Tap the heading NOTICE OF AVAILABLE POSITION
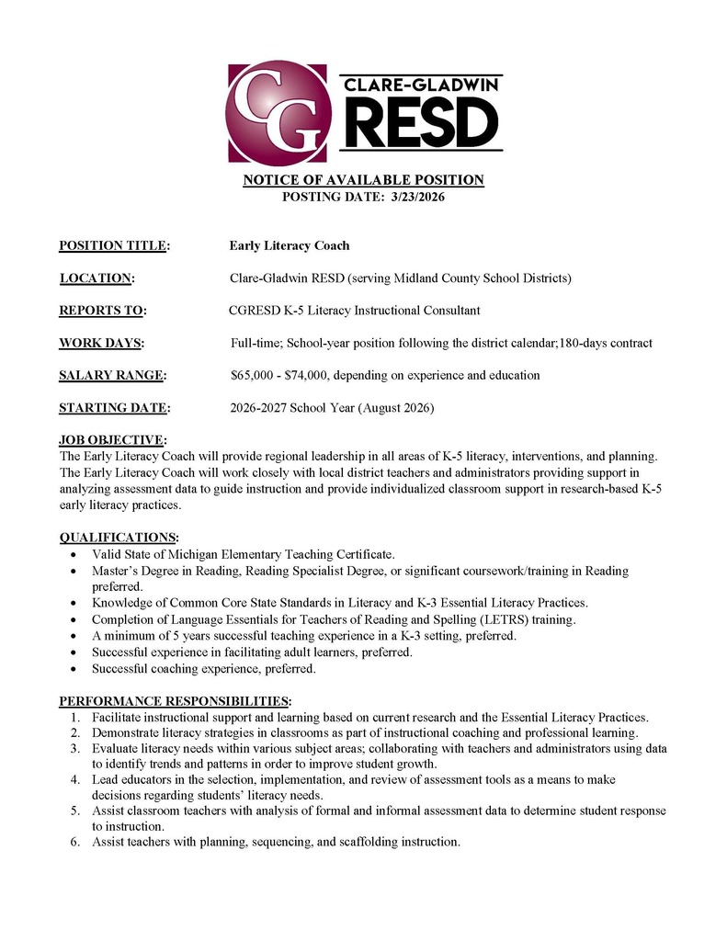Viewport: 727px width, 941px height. point(363,180)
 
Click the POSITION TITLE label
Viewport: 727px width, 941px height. point(113,245)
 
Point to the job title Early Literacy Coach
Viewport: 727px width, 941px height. point(290,245)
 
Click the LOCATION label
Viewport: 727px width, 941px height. point(97,278)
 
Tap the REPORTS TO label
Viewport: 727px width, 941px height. point(101,311)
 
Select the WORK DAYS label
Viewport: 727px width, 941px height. point(100,344)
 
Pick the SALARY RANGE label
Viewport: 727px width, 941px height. point(111,376)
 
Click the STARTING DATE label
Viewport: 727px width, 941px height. point(113,408)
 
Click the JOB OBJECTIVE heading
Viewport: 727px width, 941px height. point(112,440)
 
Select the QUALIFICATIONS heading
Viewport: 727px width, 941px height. point(119,538)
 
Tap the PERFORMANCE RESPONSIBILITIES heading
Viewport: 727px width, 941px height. point(175,701)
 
